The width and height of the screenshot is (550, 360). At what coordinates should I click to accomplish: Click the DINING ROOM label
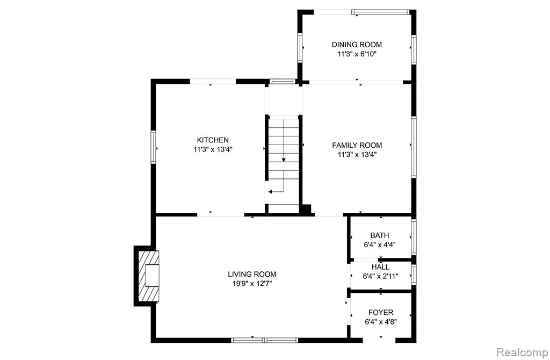coord(357,45)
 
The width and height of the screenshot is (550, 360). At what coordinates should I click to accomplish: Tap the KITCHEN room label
coord(213,140)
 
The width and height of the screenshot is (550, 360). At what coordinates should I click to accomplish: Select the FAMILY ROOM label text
coord(357,145)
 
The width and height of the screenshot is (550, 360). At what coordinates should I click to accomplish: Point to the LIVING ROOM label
coord(252,275)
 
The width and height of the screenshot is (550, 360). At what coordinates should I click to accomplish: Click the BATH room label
coord(380,235)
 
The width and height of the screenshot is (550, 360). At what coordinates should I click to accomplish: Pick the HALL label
coord(380,267)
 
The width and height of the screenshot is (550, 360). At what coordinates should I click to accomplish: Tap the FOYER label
coord(381,312)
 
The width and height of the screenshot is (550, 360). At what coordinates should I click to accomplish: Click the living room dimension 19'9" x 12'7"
coord(252,284)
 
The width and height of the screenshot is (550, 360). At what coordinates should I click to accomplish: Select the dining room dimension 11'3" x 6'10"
coord(357,54)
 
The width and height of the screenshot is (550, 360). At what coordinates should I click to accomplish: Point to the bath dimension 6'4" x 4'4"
coord(380,244)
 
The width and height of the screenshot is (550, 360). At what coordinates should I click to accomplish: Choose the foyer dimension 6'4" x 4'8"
coord(381,322)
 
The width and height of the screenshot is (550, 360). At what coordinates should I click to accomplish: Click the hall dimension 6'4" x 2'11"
coord(380,276)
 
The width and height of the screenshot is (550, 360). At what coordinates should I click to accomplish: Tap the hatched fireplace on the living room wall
coord(149,276)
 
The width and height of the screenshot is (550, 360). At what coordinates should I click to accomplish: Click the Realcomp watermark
coord(522,352)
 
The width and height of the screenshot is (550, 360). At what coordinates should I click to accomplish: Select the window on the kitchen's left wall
coord(153,147)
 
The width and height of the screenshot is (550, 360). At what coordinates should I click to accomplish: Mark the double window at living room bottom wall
coord(264,340)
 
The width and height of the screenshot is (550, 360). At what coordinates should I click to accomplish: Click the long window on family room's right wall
coord(414,147)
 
